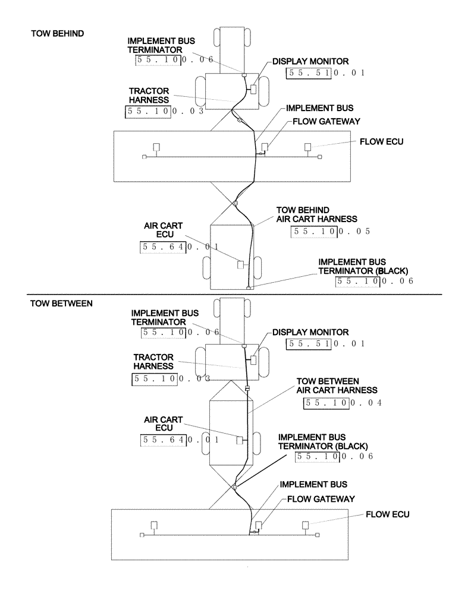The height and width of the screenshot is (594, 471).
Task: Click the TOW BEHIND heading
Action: click(x=57, y=34)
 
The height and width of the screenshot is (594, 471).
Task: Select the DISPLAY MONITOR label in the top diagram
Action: click(x=310, y=61)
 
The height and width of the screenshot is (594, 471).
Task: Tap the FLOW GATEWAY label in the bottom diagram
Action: click(x=321, y=498)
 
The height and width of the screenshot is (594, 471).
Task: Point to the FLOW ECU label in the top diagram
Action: click(x=381, y=143)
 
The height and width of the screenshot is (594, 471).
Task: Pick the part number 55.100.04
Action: click(x=342, y=403)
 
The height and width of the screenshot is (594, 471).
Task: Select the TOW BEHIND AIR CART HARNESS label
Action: click(x=307, y=214)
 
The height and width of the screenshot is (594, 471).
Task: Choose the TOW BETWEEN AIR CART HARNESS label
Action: click(x=337, y=385)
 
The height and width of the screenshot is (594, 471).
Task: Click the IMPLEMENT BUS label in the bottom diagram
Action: click(x=313, y=485)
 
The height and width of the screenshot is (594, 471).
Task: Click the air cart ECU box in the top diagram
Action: click(x=241, y=264)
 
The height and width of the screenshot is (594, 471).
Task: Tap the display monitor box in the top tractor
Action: click(x=253, y=89)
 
